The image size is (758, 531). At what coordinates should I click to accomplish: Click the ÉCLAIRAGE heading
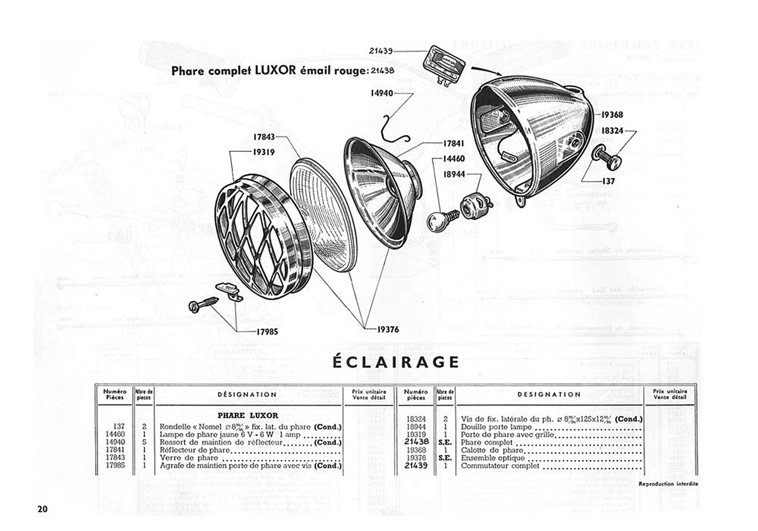point(395,362)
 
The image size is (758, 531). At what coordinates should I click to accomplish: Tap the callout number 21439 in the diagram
point(381,51)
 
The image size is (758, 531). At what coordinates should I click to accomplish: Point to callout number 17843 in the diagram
point(264,137)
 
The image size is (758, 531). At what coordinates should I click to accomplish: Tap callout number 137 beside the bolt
point(608,181)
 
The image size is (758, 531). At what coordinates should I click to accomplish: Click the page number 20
point(42,509)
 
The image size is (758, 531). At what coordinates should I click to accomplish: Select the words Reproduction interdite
point(668,484)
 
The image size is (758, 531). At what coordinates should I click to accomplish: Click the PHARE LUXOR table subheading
point(248,416)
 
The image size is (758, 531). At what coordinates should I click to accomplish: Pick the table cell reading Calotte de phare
point(492,450)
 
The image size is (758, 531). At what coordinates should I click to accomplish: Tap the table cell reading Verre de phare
point(189,458)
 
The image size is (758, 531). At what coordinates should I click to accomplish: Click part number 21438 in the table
point(416,442)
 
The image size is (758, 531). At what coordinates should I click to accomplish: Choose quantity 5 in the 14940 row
point(144,442)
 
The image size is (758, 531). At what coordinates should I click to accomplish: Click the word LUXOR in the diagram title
point(276,71)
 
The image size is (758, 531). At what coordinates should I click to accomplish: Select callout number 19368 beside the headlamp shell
point(612,115)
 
